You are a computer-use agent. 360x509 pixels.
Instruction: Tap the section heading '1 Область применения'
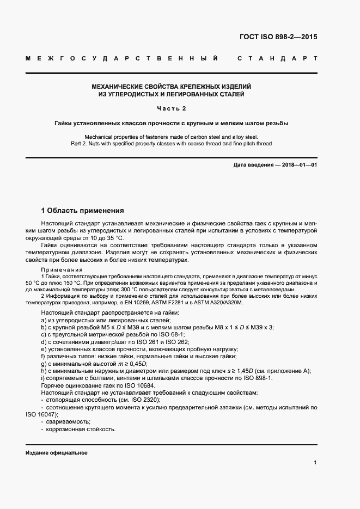[83, 210]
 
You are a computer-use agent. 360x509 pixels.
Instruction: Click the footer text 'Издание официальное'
[57, 453]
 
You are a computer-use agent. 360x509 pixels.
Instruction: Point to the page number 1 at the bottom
[315, 462]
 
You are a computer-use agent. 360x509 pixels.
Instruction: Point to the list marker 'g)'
[44, 364]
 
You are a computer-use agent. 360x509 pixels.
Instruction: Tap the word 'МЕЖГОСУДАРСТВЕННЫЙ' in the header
[122, 58]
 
